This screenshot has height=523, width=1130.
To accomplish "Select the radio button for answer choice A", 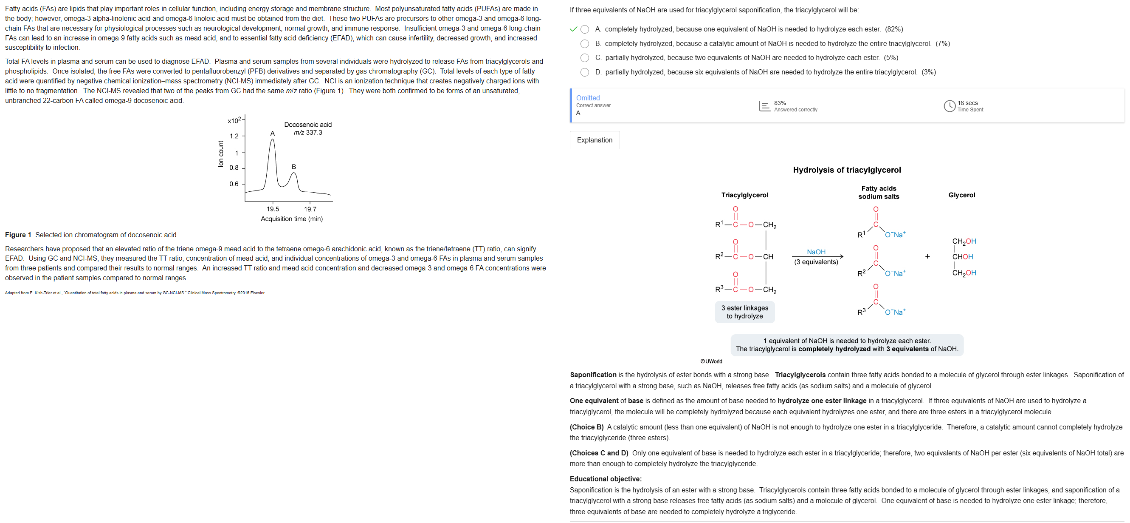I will click(584, 29).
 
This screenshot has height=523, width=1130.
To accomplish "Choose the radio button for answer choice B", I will click(584, 44).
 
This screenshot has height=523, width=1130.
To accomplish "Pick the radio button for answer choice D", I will click(584, 72).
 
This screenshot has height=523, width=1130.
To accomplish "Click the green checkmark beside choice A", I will click(573, 29).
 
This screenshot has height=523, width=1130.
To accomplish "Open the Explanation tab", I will click(595, 140).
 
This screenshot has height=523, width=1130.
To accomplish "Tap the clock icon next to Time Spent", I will click(949, 106).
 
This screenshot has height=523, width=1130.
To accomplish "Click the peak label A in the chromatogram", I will click(272, 134).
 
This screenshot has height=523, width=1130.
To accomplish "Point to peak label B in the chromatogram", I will click(294, 167).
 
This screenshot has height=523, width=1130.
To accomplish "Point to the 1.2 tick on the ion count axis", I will click(234, 136).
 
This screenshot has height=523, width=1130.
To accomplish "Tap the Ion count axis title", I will click(221, 153).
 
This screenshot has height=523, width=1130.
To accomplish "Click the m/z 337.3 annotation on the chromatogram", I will click(308, 133).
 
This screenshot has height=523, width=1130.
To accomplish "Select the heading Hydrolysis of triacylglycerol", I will click(847, 170).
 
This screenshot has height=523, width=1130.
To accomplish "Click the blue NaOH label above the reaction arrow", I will click(816, 252).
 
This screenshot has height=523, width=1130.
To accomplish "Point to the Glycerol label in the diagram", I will click(961, 195).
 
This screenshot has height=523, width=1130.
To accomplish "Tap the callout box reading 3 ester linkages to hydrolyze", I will click(744, 312).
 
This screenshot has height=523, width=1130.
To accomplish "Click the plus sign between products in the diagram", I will click(927, 256).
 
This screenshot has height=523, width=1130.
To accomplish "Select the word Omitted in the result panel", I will click(588, 98).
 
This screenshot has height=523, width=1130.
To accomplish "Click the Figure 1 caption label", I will click(18, 235).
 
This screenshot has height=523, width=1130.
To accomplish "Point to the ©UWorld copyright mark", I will click(711, 361).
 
